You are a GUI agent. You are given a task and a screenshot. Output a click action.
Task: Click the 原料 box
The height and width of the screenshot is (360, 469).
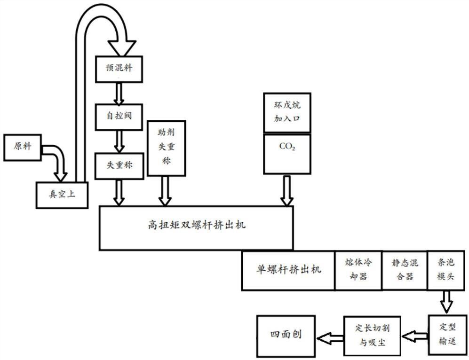pyautogui.click(x=23, y=147)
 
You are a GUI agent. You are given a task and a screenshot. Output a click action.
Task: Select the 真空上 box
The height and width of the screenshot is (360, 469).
pyautogui.click(x=62, y=195)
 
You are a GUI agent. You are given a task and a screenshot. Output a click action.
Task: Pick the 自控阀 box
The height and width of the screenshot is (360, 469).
pyautogui.click(x=119, y=116)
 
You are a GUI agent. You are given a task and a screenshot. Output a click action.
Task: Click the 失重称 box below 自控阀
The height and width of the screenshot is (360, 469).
pyautogui.click(x=119, y=165)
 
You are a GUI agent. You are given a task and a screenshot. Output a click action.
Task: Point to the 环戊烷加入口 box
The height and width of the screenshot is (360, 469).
pyautogui.click(x=287, y=112)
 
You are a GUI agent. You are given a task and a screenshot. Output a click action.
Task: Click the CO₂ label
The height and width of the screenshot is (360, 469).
pyautogui.click(x=287, y=146)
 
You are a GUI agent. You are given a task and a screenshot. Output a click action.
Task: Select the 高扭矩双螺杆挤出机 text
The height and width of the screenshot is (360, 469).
pyautogui.click(x=196, y=226)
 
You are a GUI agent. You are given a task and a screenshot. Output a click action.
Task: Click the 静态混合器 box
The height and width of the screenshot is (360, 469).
pyautogui.click(x=403, y=270)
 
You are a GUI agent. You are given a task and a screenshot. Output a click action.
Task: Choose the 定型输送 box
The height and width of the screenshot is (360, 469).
pyautogui.click(x=447, y=334)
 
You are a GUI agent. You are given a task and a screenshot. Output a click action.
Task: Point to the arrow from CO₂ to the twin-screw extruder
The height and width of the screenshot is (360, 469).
pyautogui.click(x=286, y=190)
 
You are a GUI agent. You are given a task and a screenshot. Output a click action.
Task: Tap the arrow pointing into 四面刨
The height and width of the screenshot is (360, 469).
pyautogui.click(x=329, y=337)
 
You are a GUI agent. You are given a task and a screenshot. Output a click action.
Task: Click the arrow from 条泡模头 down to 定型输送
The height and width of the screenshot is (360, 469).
pyautogui.click(x=445, y=302)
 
